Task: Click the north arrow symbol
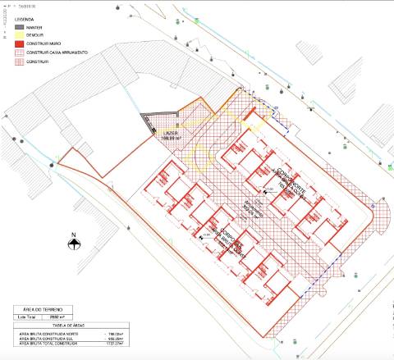[x=73, y=243]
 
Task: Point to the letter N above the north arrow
[x=73, y=233]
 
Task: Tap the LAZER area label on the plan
[x=172, y=133]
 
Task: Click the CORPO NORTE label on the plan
[x=286, y=178]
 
